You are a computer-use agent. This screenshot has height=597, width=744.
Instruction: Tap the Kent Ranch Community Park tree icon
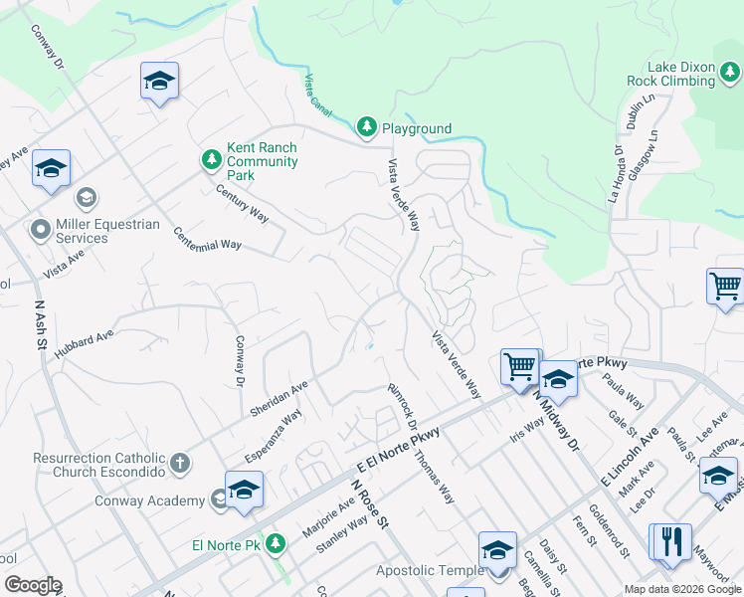coord(211,159)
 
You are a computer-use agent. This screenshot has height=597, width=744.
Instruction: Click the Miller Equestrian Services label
coord(107,231)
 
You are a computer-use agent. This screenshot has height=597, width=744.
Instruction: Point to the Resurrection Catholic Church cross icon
coord(180,463)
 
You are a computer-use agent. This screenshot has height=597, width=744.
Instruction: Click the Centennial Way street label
coord(207,239)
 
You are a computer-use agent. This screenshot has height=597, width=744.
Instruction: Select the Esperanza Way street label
coord(274,436)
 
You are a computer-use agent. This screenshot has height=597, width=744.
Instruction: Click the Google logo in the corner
coord(33,585)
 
